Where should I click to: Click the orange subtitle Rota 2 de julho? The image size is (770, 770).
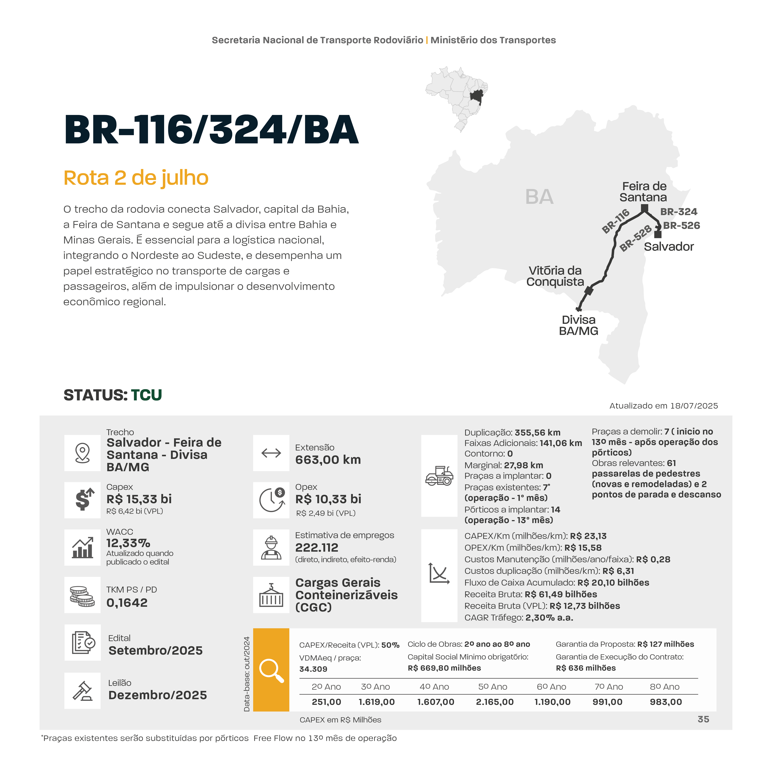(136, 178)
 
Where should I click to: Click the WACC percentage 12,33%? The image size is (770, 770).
(128, 543)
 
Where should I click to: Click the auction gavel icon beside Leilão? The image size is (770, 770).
(83, 691)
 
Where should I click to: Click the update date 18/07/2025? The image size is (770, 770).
(694, 406)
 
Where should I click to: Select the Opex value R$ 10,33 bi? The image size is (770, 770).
(328, 499)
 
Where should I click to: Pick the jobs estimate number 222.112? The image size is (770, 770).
(316, 548)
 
